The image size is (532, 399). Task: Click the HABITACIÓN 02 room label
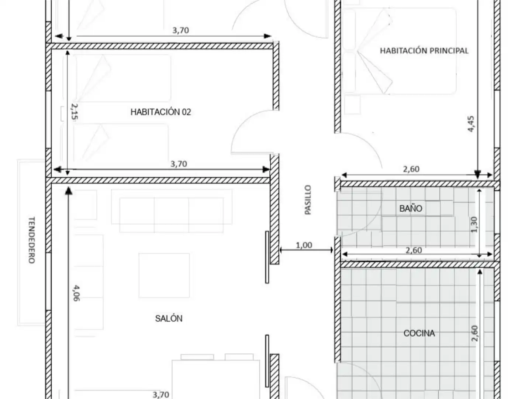[x=161, y=112]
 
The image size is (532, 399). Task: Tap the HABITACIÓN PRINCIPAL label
[x=424, y=51]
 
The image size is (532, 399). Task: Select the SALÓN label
[x=169, y=318]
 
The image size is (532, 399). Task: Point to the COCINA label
[x=419, y=333]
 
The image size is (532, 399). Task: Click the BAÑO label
[x=411, y=208]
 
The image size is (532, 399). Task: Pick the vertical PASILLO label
[x=308, y=200]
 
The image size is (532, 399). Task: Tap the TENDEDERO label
[x=32, y=240]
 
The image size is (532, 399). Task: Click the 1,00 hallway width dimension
[x=304, y=245]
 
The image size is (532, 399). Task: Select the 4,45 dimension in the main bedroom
[x=471, y=124]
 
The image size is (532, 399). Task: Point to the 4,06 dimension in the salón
[x=76, y=293]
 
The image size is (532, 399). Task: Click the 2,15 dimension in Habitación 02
[x=74, y=112]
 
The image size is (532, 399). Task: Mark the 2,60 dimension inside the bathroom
[x=414, y=250]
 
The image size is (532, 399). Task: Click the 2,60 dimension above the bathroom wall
[x=411, y=169]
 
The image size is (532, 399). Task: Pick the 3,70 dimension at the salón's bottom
[x=161, y=395]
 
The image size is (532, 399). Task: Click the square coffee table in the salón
[x=164, y=276]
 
